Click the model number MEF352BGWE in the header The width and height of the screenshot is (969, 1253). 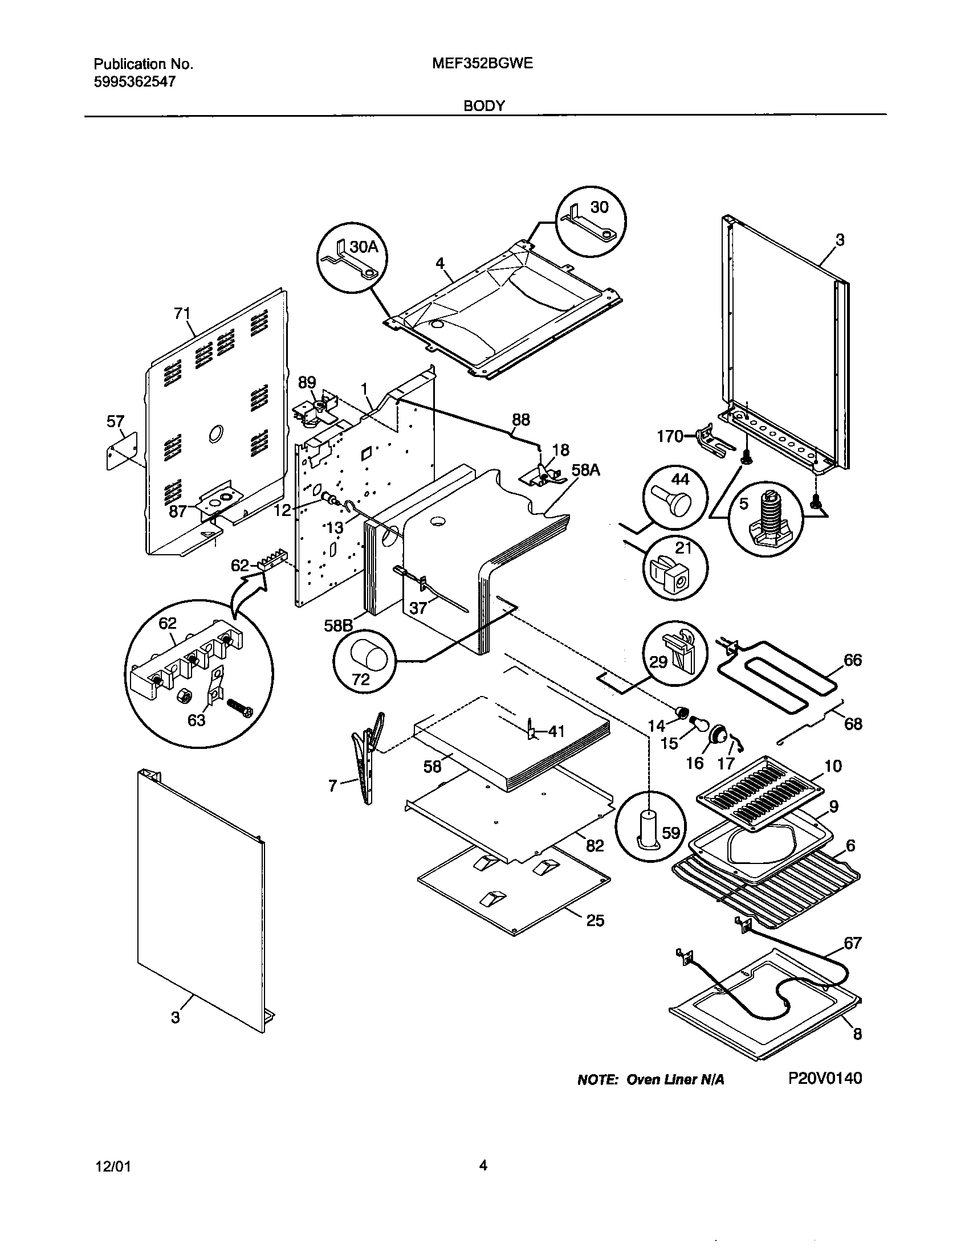[482, 64]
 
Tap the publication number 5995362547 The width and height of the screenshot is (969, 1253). [135, 81]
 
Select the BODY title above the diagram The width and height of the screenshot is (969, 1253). [484, 105]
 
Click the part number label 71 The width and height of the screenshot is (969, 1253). [182, 313]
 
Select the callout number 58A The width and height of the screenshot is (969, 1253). [585, 470]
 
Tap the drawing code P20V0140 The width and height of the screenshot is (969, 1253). [824, 1078]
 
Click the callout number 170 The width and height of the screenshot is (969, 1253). [669, 437]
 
